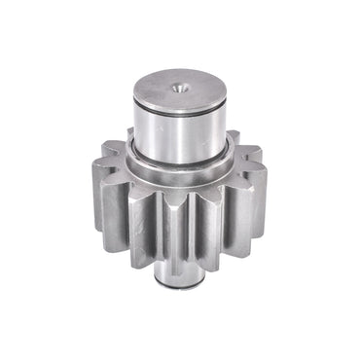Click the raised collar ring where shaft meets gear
coord(180,166)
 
